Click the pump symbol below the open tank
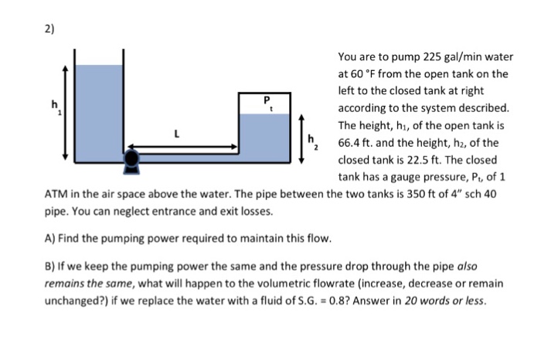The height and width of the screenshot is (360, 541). pyautogui.click(x=132, y=158)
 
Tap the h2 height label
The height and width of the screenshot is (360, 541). pyautogui.click(x=313, y=141)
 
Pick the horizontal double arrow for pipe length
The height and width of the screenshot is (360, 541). pyautogui.click(x=183, y=145)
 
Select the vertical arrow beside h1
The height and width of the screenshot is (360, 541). pyautogui.click(x=66, y=111)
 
